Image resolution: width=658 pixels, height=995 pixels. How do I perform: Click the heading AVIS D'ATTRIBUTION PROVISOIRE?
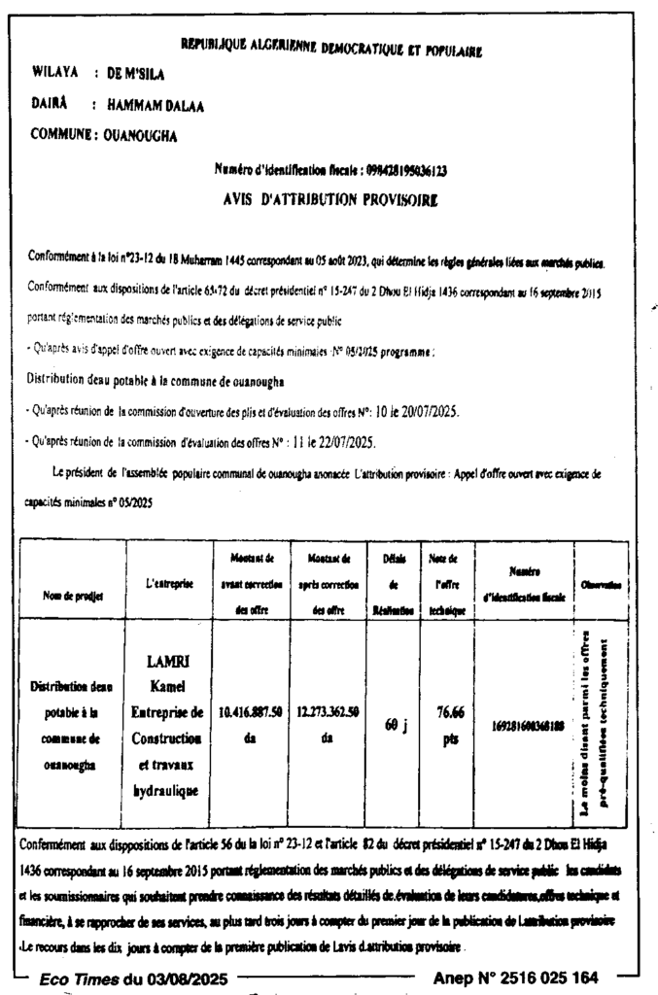click(x=329, y=200)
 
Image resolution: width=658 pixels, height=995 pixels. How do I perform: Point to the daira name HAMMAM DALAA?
click(x=156, y=105)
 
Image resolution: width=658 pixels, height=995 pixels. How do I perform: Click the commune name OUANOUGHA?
click(x=140, y=136)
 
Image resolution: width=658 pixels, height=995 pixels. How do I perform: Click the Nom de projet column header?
click(x=73, y=595)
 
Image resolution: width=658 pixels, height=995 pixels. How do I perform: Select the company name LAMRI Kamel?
click(x=168, y=676)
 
